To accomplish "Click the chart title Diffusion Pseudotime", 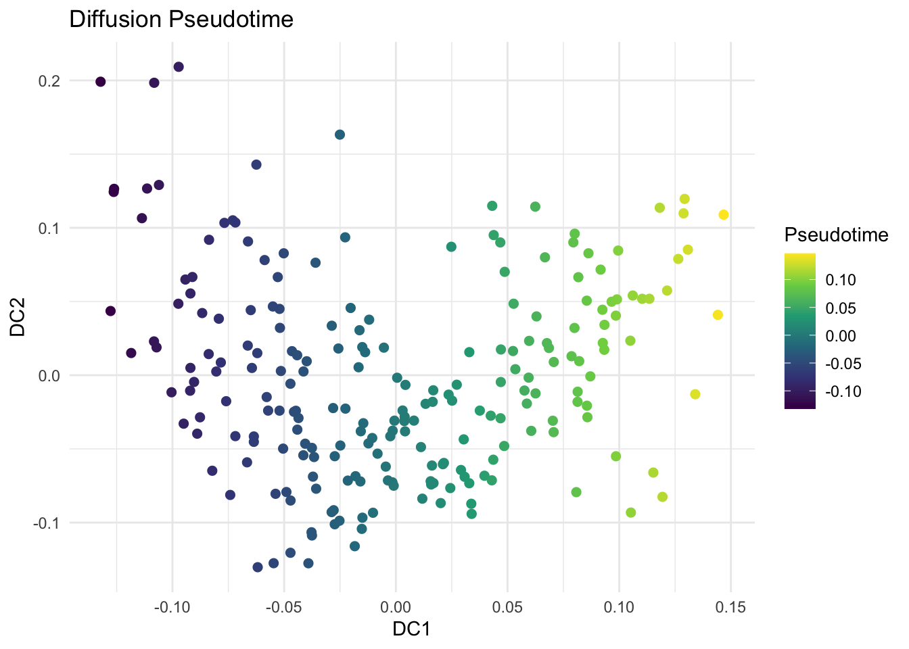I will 181,19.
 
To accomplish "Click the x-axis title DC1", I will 411,629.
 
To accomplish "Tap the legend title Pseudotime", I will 836,235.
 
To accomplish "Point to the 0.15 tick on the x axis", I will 730,607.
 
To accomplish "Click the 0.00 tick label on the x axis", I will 396,607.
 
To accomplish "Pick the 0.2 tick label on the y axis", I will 50,81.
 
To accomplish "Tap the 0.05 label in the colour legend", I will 841,308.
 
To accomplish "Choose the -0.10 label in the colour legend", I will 844,391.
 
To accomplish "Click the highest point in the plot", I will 179,67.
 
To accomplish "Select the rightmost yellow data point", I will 724,215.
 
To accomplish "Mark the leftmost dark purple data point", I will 101,82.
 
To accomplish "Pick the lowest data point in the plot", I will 258,567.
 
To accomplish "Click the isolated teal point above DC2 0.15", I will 340,135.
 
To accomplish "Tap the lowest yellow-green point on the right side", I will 631,512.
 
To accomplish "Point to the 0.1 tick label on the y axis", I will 50,229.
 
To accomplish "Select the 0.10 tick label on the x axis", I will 618,607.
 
